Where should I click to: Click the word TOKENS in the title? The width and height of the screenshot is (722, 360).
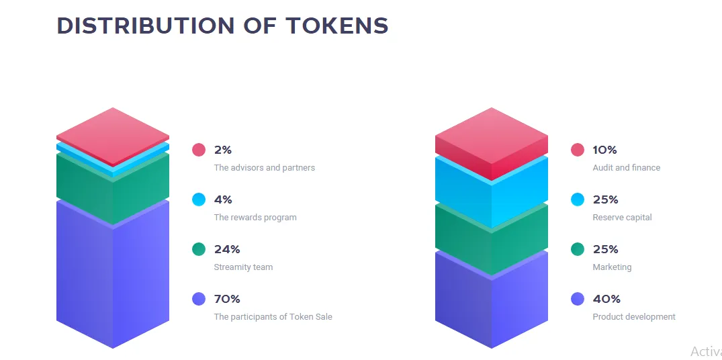(337, 26)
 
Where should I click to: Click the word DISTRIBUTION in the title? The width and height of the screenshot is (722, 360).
(146, 26)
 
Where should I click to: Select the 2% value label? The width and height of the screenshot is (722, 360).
(223, 150)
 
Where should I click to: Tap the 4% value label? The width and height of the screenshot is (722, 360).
(223, 199)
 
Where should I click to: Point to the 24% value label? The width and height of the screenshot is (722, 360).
(227, 249)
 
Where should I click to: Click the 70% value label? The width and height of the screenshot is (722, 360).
(227, 299)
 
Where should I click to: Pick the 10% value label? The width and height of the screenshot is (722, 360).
(604, 150)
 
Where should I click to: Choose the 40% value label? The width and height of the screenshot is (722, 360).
(606, 299)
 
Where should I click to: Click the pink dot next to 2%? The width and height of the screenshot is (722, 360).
(198, 150)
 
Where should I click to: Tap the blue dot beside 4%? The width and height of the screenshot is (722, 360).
(198, 199)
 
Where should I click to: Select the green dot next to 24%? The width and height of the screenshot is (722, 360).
(198, 249)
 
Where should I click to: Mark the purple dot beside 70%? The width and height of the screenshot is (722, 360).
(198, 299)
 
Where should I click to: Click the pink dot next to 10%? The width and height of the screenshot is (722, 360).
(578, 150)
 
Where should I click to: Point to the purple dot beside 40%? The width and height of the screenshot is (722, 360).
(578, 299)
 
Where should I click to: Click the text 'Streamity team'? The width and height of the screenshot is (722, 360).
(243, 267)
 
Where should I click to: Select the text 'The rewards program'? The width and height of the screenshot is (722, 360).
(255, 218)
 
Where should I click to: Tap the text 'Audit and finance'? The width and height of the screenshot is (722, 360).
(626, 167)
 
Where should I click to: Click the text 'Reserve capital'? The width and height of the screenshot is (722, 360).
(622, 218)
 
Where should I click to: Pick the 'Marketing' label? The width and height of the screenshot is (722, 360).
(612, 267)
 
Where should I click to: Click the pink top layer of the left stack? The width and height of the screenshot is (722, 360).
(113, 136)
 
